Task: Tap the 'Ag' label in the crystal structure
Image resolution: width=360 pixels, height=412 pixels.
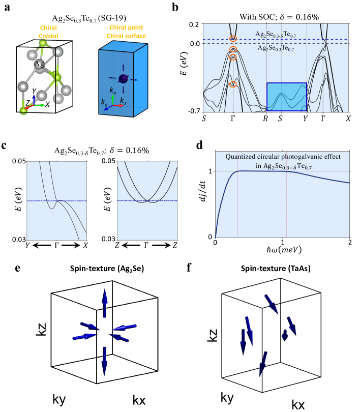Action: pyautogui.click(x=39, y=64)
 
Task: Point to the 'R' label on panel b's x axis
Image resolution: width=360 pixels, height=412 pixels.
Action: pyautogui.click(x=265, y=119)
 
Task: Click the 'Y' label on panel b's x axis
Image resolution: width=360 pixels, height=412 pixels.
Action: pyautogui.click(x=305, y=119)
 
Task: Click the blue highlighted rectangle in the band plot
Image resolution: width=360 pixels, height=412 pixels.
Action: pyautogui.click(x=287, y=97)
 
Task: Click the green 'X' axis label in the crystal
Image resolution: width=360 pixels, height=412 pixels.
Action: pyautogui.click(x=47, y=103)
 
